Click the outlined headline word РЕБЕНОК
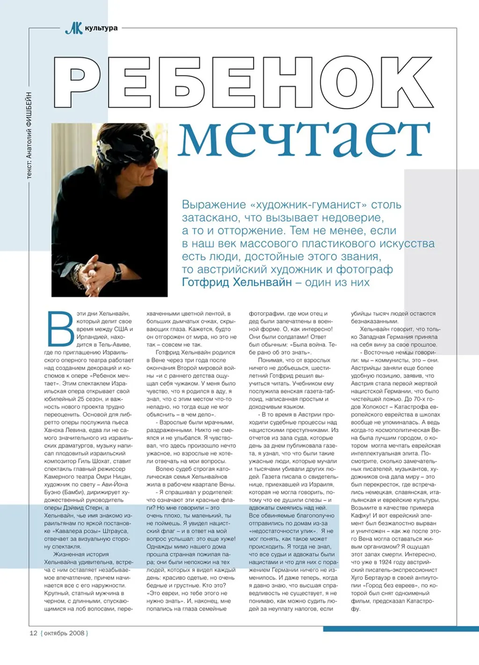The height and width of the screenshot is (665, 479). pyautogui.click(x=243, y=83)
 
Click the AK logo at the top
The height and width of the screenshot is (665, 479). pyautogui.click(x=73, y=29)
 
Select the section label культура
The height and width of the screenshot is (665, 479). pyautogui.click(x=102, y=28)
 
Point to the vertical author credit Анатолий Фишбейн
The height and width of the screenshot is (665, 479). pyautogui.click(x=29, y=136)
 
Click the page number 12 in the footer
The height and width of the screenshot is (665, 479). pyautogui.click(x=33, y=633)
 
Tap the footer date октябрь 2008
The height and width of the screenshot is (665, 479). pyautogui.click(x=65, y=633)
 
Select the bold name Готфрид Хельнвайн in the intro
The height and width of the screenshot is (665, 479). pyautogui.click(x=237, y=282)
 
